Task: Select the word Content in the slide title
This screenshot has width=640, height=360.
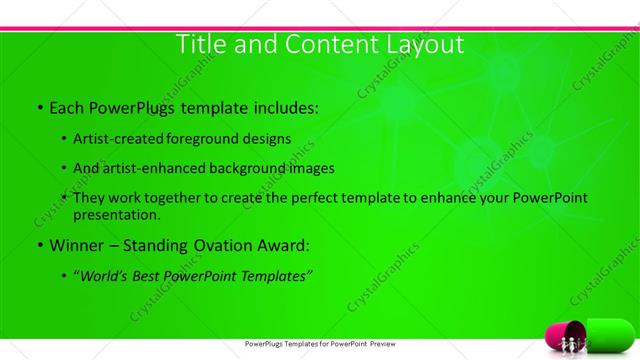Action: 320,44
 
